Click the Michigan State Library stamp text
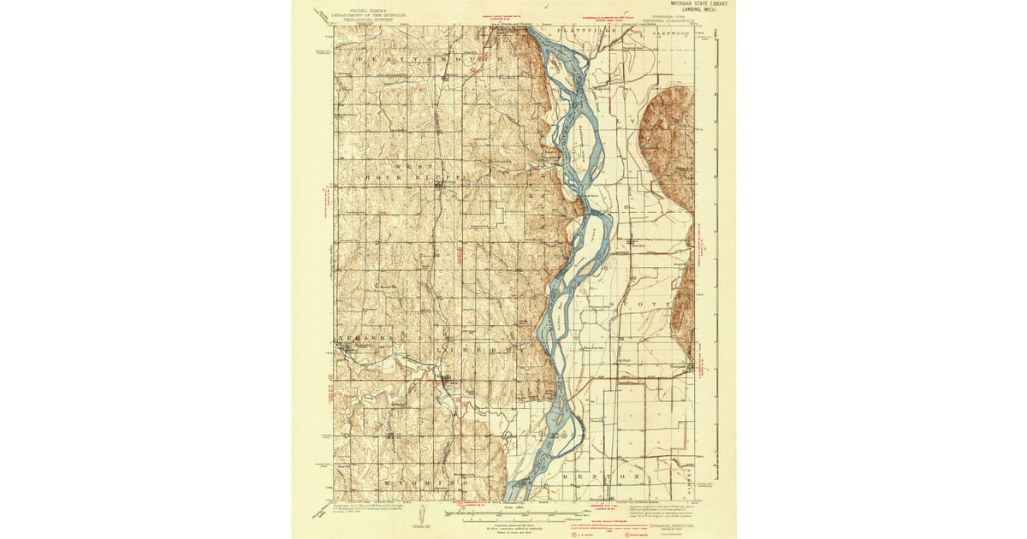pyautogui.click(x=699, y=6)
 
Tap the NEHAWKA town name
pyautogui.click(x=360, y=339)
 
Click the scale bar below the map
pyautogui.click(x=513, y=519)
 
